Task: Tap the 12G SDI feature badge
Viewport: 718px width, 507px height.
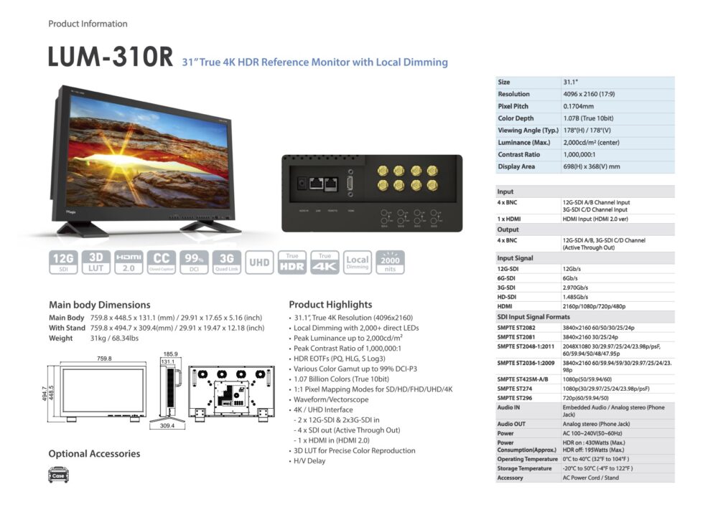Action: [62, 262]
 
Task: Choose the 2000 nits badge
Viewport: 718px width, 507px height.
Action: [391, 262]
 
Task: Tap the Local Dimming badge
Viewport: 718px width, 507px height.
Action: [357, 262]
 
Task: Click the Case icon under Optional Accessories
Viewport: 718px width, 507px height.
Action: [60, 475]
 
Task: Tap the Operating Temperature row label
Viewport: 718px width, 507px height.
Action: [527, 459]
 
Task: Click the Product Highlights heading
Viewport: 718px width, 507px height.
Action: [330, 304]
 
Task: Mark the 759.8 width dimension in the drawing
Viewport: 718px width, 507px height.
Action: [104, 359]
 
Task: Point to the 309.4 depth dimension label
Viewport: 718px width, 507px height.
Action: [169, 425]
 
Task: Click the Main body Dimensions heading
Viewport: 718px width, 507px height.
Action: [99, 304]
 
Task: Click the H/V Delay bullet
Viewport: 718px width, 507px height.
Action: [309, 460]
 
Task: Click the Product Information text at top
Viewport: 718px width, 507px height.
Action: [88, 24]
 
